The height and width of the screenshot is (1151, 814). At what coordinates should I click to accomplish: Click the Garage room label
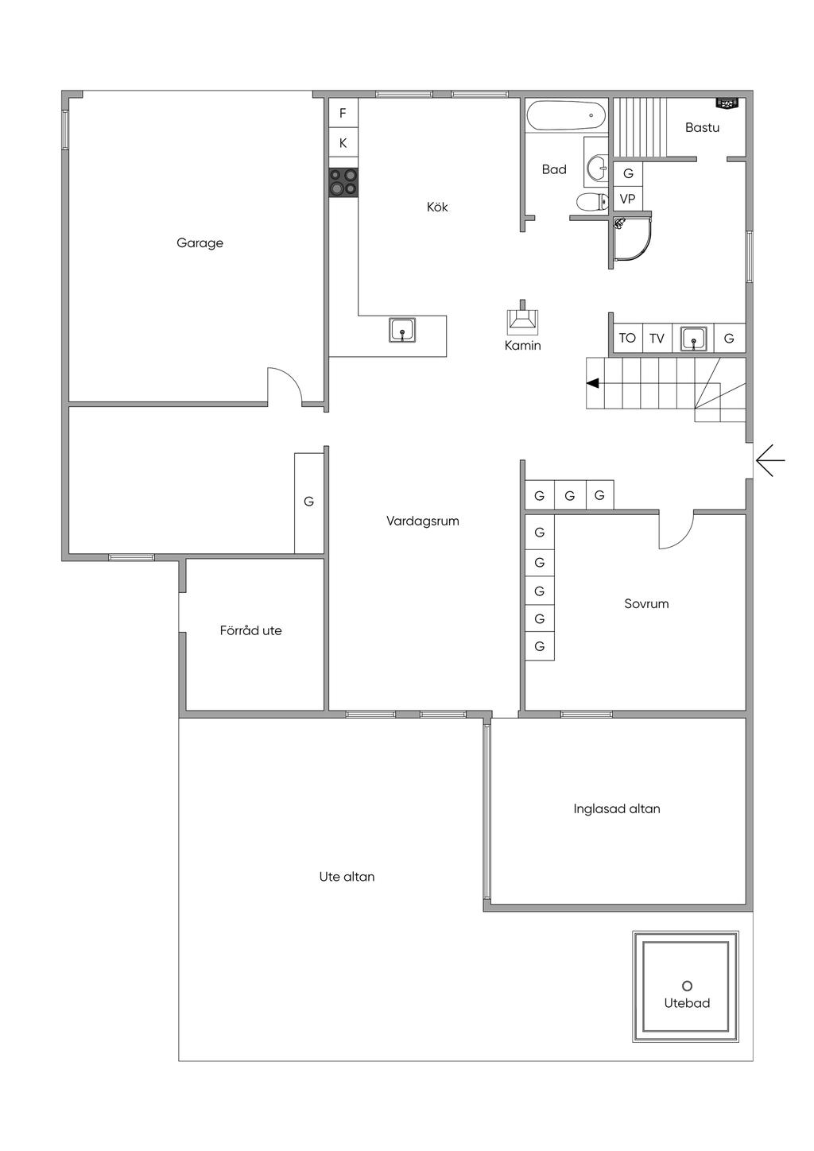[x=200, y=243]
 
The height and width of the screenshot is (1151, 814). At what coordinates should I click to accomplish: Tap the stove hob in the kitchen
[x=343, y=182]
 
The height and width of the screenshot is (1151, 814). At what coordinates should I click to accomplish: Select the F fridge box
[x=343, y=113]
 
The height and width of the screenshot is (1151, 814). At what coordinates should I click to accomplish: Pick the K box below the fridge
[x=343, y=143]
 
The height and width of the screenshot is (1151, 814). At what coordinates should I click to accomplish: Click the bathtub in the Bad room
[x=566, y=114]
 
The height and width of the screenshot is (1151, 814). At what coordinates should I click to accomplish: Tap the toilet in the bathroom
[x=591, y=202]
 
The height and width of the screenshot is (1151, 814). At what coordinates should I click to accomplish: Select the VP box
[x=627, y=199]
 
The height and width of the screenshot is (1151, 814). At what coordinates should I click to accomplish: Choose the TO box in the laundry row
[x=627, y=338]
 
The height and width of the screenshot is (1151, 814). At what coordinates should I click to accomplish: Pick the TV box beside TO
[x=657, y=338]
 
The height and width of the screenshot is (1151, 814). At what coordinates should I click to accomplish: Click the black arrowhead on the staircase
[x=593, y=383]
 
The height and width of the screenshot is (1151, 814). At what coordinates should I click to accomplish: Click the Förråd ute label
[x=250, y=630]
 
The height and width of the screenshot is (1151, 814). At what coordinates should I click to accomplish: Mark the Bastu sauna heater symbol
[x=727, y=104]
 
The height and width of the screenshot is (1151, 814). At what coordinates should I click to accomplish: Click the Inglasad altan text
[x=617, y=808]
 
